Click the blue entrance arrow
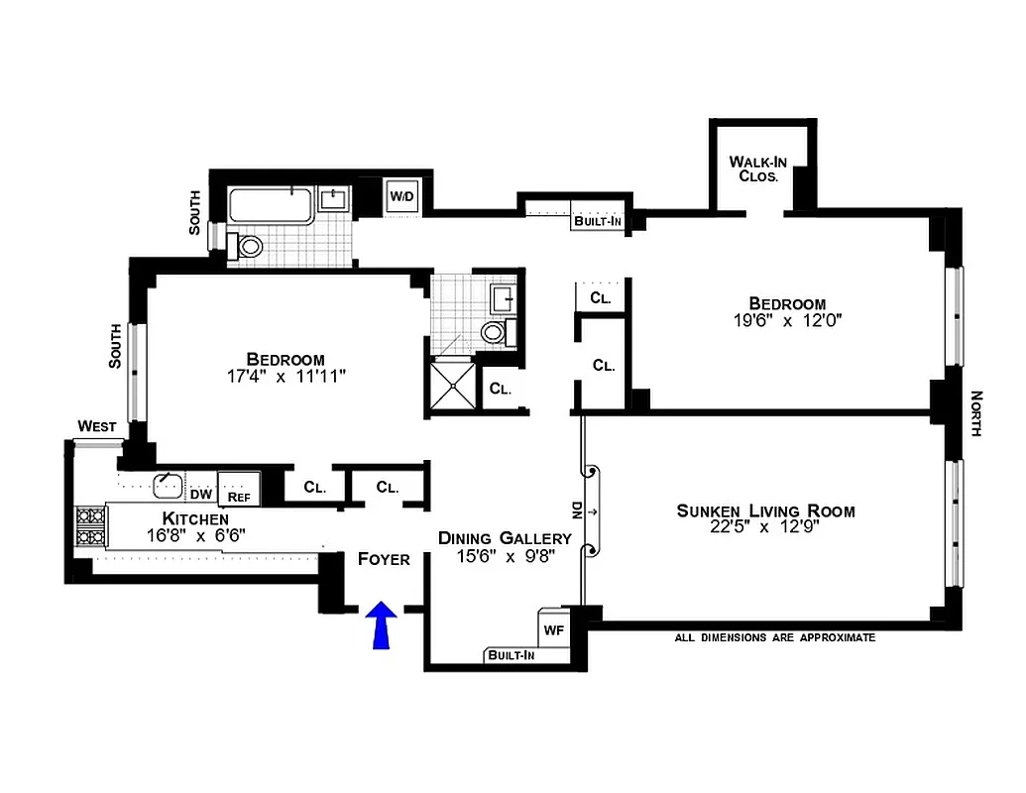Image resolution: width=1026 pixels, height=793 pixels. coord(381,626)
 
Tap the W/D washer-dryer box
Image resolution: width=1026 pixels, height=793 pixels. coord(401,196)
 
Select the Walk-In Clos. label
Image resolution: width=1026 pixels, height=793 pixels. coord(758,169)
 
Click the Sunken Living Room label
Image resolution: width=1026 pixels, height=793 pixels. coord(765,511)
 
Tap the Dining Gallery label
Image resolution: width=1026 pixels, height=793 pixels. coord(506,538)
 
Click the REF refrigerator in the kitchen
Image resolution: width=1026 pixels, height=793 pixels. coord(239,496)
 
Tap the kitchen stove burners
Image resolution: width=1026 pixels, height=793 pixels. coord(90,525)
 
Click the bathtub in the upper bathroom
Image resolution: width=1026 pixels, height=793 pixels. coord(271,207)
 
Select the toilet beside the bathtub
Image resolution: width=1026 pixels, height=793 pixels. coord(248,246)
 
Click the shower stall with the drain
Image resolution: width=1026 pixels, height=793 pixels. coord(453,387)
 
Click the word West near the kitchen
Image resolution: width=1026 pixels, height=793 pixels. coord(97,426)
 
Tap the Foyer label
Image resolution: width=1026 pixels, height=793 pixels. coord(384,559)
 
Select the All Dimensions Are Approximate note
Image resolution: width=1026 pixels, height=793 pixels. coord(774,637)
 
